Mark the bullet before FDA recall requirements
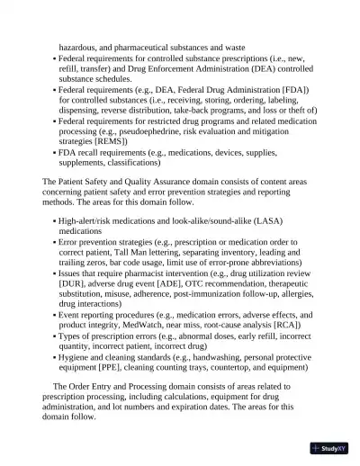pyautogui.click(x=55, y=153)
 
